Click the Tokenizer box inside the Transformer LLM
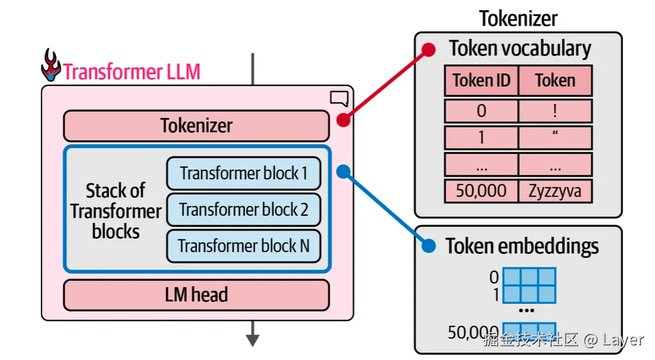pyautogui.click(x=196, y=126)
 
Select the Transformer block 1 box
pyautogui.click(x=243, y=173)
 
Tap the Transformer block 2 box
pyautogui.click(x=243, y=209)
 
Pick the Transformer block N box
pyautogui.click(x=243, y=246)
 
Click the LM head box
pyautogui.click(x=196, y=295)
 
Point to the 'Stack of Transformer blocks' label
pyautogui.click(x=116, y=211)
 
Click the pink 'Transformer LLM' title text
pyautogui.click(x=132, y=71)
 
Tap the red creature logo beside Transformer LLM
pyautogui.click(x=51, y=65)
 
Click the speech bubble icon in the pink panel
pyautogui.click(x=339, y=98)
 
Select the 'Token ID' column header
pyautogui.click(x=481, y=80)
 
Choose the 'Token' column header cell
pyautogui.click(x=555, y=80)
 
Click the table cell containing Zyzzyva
pyautogui.click(x=555, y=191)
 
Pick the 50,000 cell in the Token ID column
pyautogui.click(x=481, y=191)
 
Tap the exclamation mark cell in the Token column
pyautogui.click(x=555, y=111)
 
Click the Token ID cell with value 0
pyautogui.click(x=481, y=111)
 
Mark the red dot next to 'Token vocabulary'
pyautogui.click(x=429, y=49)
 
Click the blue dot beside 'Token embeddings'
pyautogui.click(x=429, y=246)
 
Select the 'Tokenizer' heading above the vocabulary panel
pyautogui.click(x=518, y=19)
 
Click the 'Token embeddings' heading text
pyautogui.click(x=522, y=246)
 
